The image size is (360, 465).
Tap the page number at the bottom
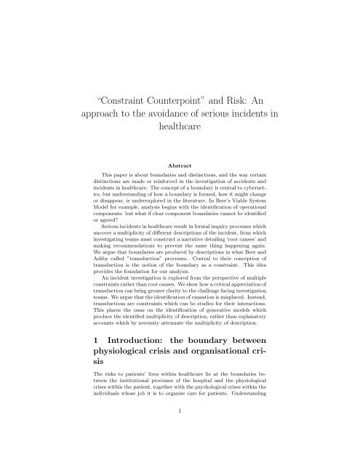coord(180,450)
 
